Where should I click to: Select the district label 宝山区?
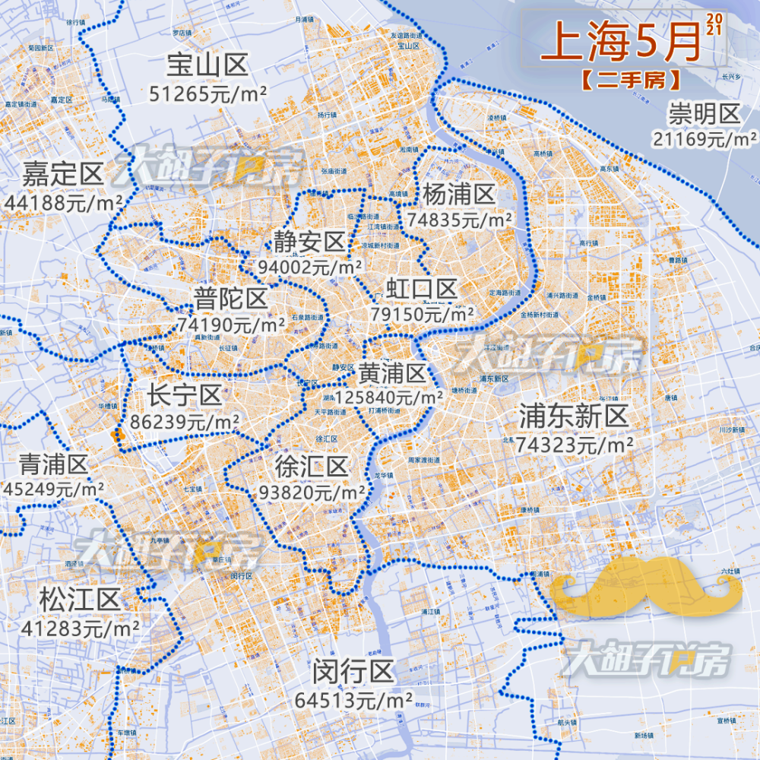[207, 67]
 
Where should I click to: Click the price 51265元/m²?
[207, 93]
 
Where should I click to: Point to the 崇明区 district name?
[704, 115]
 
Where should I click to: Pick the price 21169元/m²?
[704, 138]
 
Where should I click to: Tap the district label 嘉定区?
[62, 175]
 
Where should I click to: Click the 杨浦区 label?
[458, 195]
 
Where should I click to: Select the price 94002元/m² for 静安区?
[309, 268]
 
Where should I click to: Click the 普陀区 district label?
[231, 299]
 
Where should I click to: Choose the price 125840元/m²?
[389, 397]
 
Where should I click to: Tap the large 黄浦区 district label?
[393, 373]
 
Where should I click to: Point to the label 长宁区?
[185, 395]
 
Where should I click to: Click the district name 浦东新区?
[574, 416]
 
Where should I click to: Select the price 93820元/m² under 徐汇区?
[312, 492]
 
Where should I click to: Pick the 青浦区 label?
[54, 464]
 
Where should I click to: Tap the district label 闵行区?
[353, 672]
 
